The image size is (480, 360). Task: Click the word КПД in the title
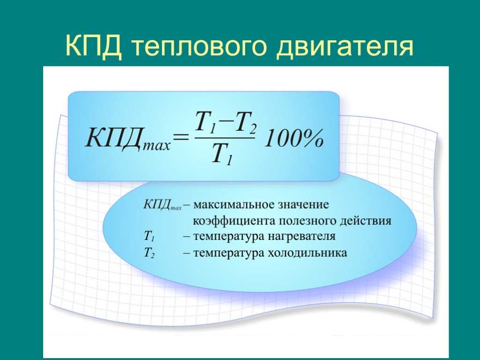tap(93, 45)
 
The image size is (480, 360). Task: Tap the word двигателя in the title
tap(345, 47)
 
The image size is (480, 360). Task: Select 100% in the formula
tap(294, 138)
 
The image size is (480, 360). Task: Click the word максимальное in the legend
tap(233, 204)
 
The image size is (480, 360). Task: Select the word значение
tap(303, 204)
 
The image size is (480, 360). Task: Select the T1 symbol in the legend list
tap(149, 236)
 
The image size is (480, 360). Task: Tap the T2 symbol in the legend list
tap(149, 253)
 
